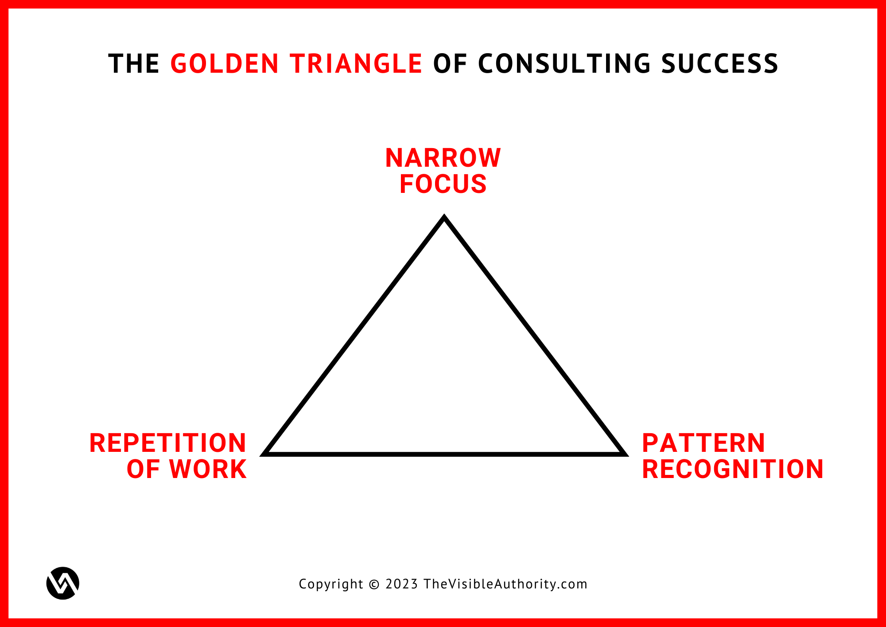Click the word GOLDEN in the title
coord(225,63)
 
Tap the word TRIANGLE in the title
coord(356,63)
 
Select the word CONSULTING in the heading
coord(564,63)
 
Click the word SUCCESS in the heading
coord(720,63)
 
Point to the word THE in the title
coord(134,63)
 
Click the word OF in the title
coord(450,63)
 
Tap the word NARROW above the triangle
coord(443,158)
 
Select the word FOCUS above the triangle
coord(443,184)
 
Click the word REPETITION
coord(168,443)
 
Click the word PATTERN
coord(703,443)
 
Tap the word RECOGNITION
coord(733,469)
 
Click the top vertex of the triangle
coord(444,216)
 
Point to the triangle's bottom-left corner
coord(263,455)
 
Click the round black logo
coord(63,583)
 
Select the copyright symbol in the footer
coord(374,584)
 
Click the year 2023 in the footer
coord(402,584)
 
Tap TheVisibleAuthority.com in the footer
coord(505,584)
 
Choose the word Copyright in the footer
coord(331,584)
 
